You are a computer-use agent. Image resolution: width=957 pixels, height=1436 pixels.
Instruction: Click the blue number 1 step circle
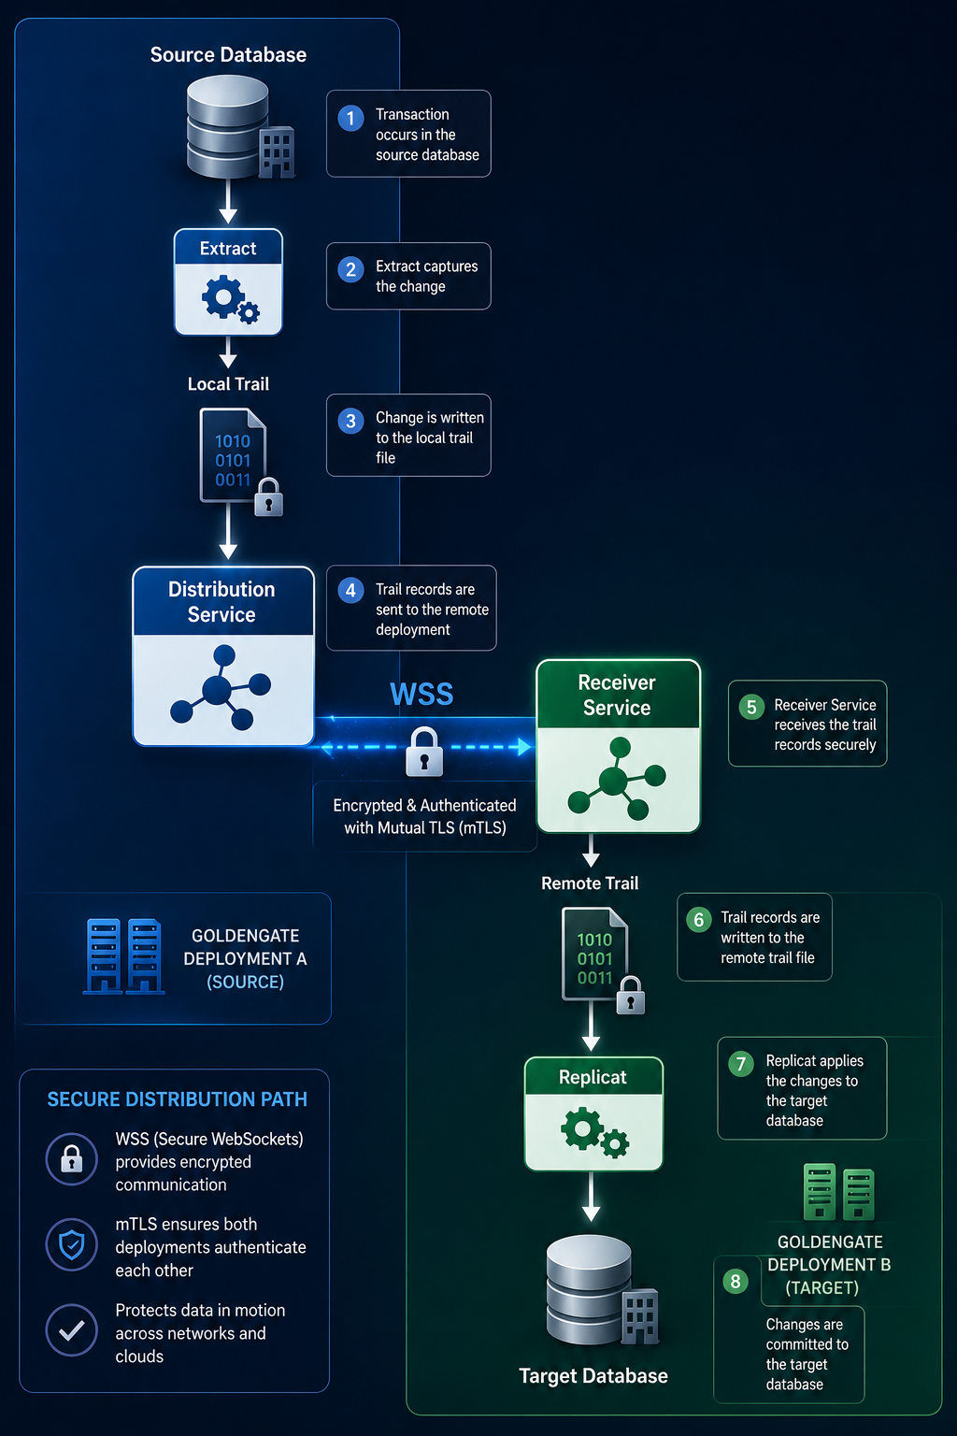pyautogui.click(x=350, y=118)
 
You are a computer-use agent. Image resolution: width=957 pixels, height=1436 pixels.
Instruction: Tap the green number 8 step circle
pyautogui.click(x=736, y=1281)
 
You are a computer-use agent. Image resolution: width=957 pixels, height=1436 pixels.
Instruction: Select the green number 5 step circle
pyautogui.click(x=751, y=707)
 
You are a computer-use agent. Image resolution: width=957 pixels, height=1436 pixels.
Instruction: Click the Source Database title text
pyautogui.click(x=228, y=55)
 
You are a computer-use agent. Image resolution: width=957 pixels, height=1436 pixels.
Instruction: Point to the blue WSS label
pyautogui.click(x=421, y=695)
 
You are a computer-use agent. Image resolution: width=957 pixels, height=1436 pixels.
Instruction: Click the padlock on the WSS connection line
pyautogui.click(x=424, y=752)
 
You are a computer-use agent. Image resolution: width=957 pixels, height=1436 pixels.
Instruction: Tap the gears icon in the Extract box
pyautogui.click(x=230, y=299)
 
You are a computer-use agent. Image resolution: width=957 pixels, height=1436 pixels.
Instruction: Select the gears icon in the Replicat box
pyautogui.click(x=594, y=1132)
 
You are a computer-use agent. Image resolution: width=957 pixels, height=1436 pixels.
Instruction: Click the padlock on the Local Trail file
pyautogui.click(x=268, y=496)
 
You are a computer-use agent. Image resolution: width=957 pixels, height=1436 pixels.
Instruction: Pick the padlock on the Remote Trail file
pyautogui.click(x=631, y=995)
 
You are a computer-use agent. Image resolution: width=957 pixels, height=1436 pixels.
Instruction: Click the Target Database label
pyautogui.click(x=593, y=1376)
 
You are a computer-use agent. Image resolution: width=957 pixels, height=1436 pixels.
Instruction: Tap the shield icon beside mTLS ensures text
pyautogui.click(x=72, y=1244)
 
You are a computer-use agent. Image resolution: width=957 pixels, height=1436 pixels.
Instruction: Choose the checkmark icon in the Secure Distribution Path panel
pyautogui.click(x=72, y=1330)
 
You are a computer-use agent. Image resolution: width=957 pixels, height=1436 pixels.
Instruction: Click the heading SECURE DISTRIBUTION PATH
pyautogui.click(x=177, y=1099)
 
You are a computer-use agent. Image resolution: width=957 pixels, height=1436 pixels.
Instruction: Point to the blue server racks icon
pyautogui.click(x=123, y=956)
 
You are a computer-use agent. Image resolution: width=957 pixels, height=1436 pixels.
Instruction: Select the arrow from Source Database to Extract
pyautogui.click(x=228, y=201)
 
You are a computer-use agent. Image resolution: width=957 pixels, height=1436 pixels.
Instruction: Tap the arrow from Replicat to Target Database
pyautogui.click(x=591, y=1197)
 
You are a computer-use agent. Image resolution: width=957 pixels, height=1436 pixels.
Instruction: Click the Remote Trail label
pyautogui.click(x=590, y=883)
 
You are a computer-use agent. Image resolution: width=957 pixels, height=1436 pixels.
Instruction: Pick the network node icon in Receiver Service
pyautogui.click(x=617, y=779)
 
